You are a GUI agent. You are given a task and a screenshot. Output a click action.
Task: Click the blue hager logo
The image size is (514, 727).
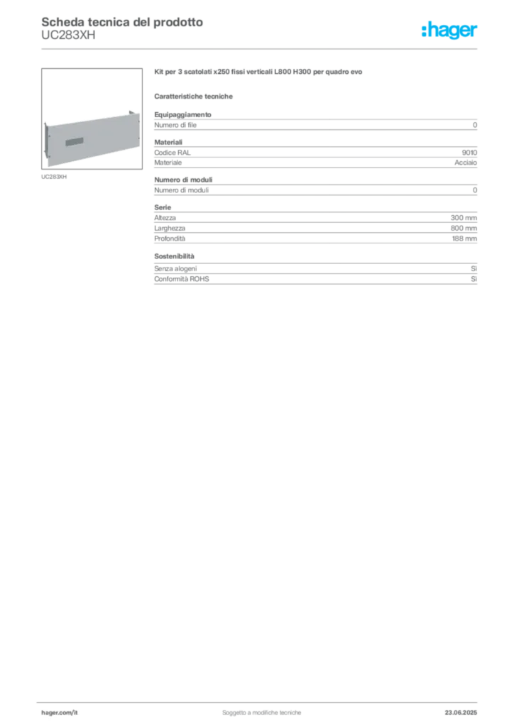451,31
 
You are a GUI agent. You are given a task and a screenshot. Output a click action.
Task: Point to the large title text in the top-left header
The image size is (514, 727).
121,21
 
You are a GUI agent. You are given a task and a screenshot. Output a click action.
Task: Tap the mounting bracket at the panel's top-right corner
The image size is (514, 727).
133,112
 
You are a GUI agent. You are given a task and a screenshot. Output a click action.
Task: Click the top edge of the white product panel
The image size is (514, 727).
89,116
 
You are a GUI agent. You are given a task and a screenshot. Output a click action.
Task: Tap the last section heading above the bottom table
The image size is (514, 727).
176,253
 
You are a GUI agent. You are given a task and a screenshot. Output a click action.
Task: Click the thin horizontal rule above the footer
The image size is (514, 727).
261,699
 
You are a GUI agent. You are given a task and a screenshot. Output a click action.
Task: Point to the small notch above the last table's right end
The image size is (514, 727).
475,264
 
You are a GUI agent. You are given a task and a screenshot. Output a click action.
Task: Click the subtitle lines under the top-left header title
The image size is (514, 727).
67,38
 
